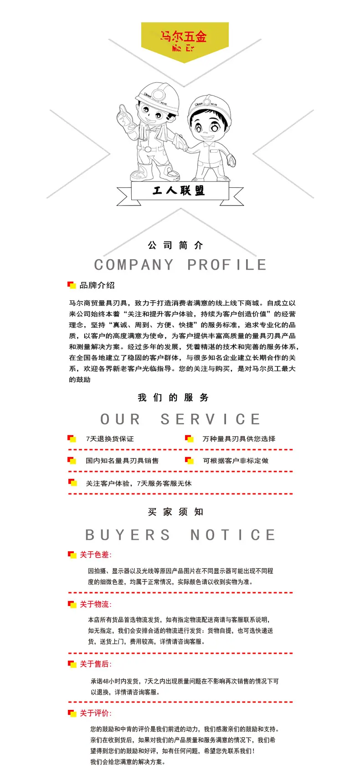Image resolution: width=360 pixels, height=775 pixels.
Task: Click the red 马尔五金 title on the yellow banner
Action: [x=184, y=36]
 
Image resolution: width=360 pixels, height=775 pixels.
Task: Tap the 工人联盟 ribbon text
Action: [x=179, y=190]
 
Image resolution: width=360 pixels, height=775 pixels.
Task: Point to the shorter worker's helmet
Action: [x=209, y=107]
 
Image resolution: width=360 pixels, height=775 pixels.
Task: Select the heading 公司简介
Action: [x=175, y=245]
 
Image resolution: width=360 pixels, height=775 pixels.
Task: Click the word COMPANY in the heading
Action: [x=134, y=265]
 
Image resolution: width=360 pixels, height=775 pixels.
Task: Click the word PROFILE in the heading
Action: [x=227, y=265]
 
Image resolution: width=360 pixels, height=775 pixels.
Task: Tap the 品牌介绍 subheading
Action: [x=97, y=285]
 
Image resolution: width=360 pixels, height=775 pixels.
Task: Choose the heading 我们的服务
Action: [x=173, y=398]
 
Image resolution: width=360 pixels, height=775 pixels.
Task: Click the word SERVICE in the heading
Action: [x=211, y=419]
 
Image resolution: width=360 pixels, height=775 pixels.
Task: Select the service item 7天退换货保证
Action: [x=110, y=439]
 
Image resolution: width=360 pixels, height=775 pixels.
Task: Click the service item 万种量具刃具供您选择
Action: [x=239, y=439]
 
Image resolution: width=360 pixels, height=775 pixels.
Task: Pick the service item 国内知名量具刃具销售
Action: [x=122, y=461]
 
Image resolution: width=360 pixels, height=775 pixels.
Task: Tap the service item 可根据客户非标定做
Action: [x=236, y=461]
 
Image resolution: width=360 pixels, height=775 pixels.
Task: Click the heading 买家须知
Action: [x=175, y=512]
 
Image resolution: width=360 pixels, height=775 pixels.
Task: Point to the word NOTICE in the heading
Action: [x=233, y=535]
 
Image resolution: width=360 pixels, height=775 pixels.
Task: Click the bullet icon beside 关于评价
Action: [x=72, y=713]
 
